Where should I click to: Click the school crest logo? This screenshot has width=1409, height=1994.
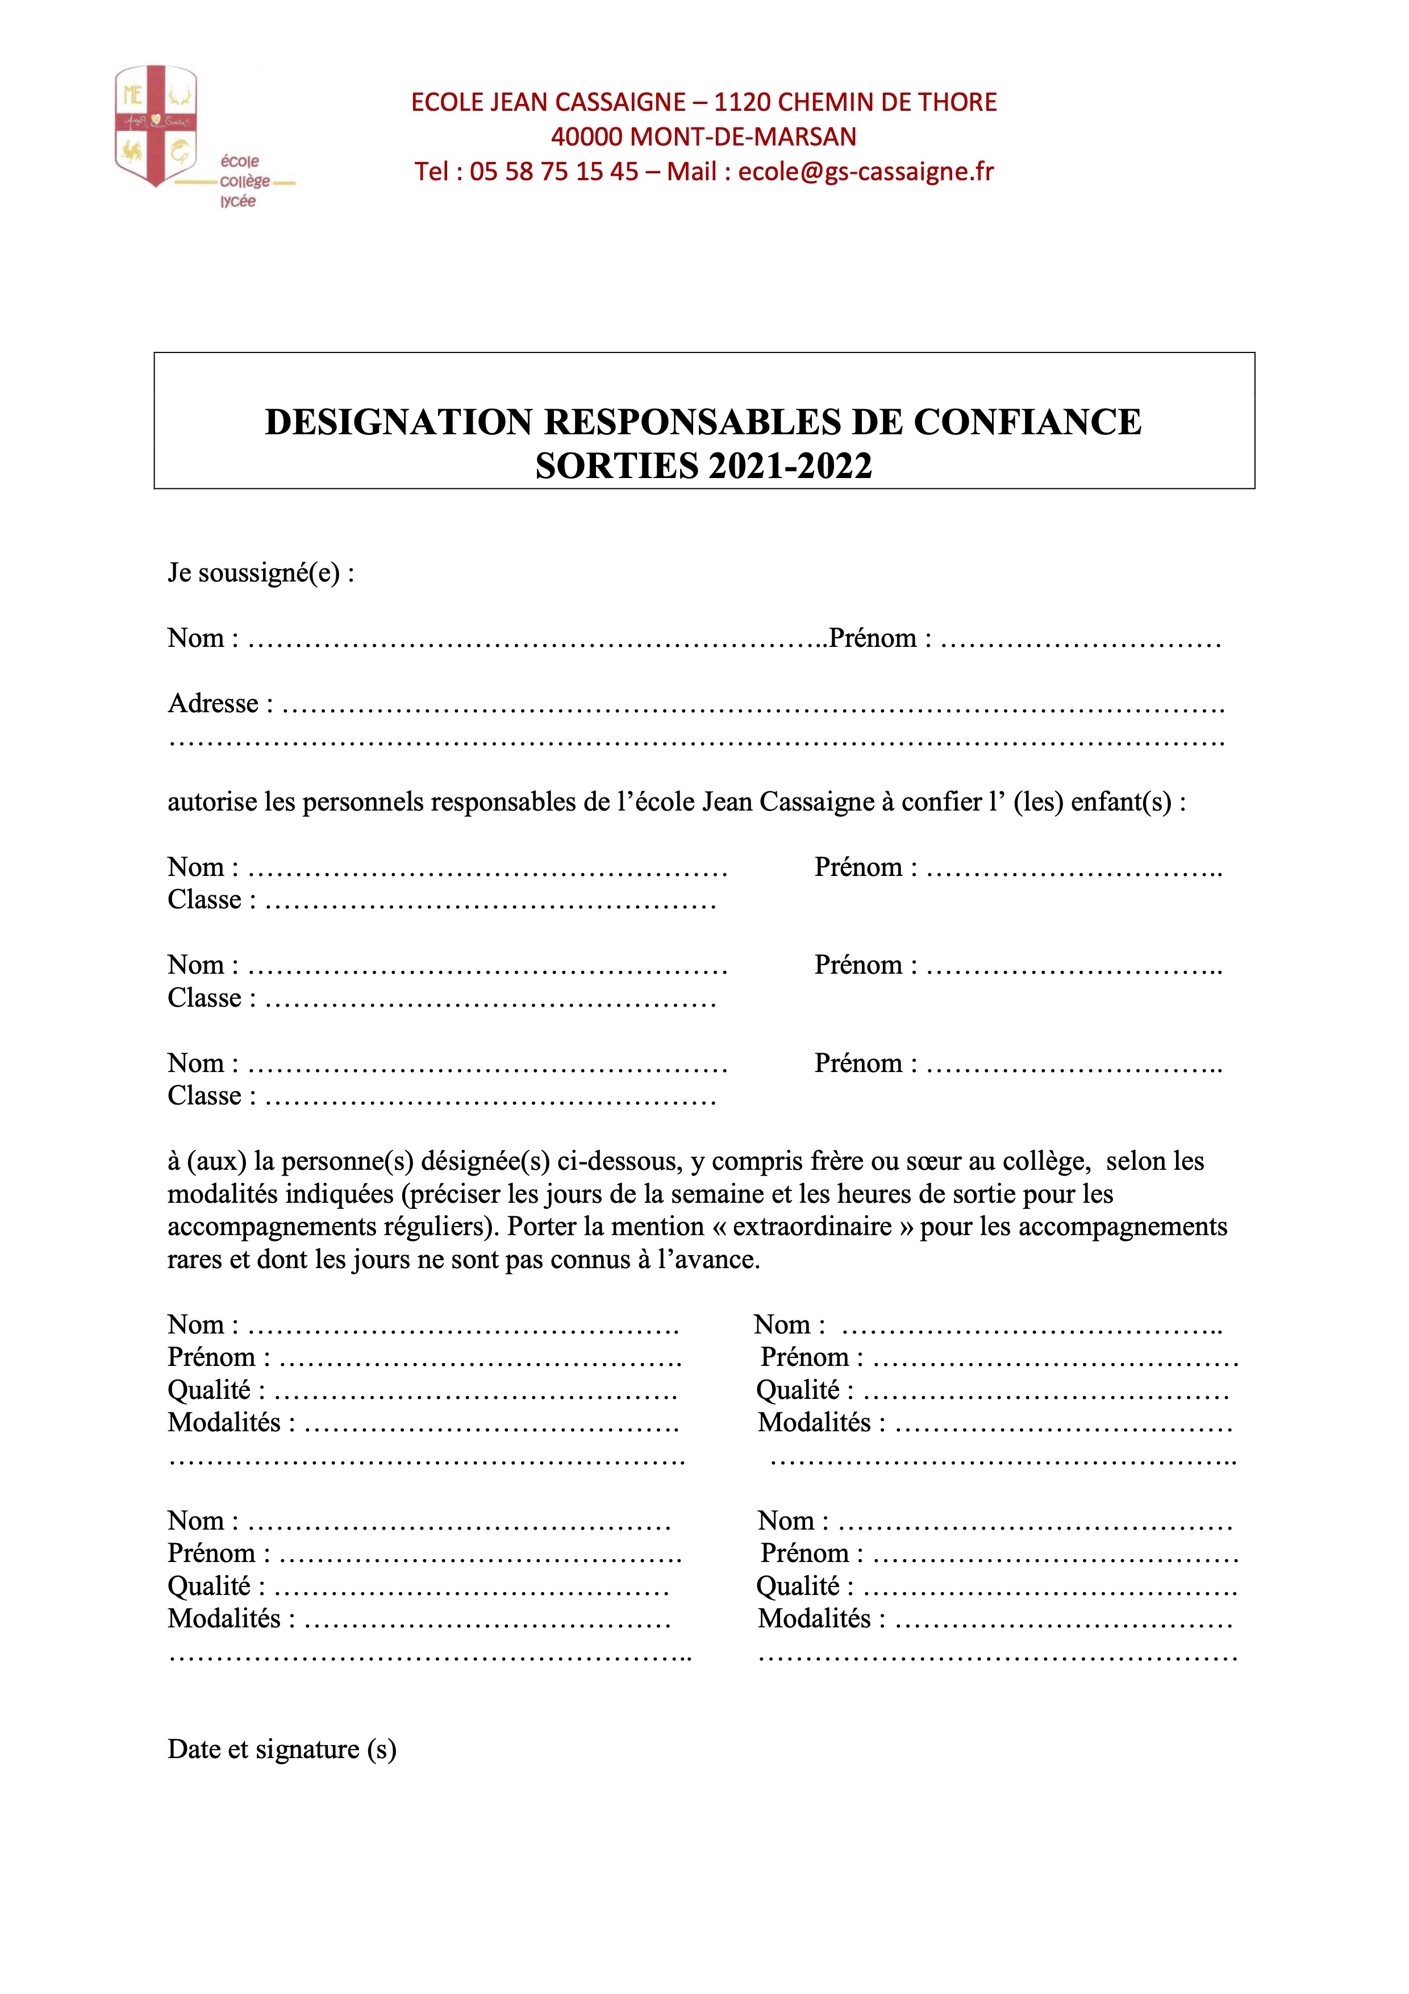click(x=156, y=126)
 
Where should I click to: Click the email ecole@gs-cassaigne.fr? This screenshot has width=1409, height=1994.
click(x=865, y=172)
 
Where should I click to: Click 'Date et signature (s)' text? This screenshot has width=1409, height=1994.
click(x=281, y=1749)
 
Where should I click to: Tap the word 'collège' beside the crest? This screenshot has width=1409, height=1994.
click(x=245, y=181)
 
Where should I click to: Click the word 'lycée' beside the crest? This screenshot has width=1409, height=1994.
click(x=238, y=201)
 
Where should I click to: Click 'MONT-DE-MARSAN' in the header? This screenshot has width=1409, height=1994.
click(x=743, y=137)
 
